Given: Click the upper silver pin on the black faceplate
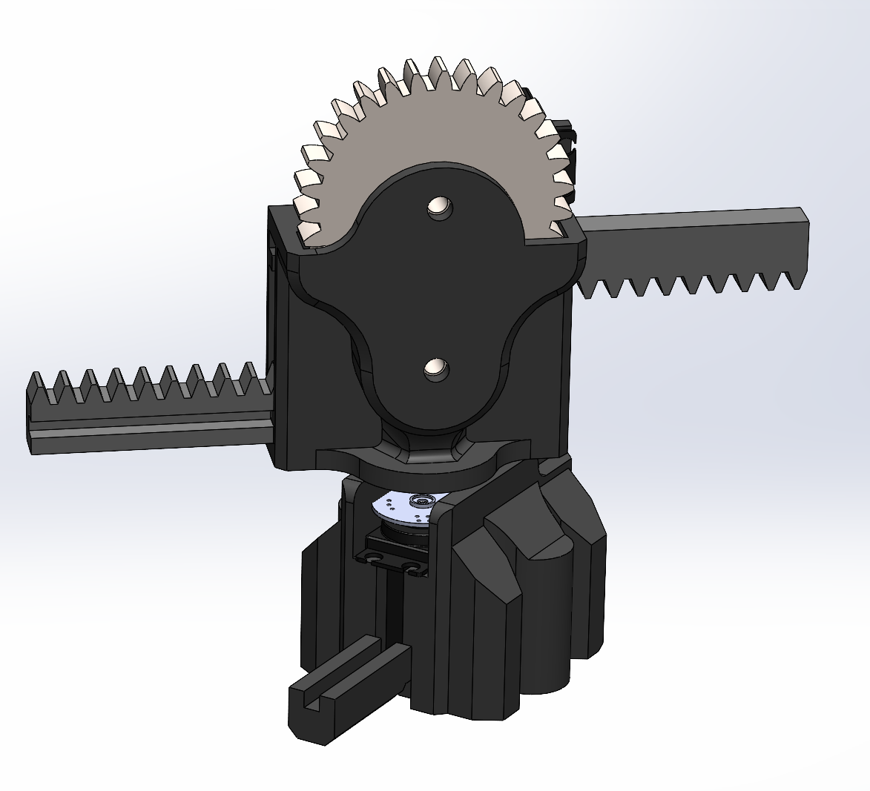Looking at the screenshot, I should coord(440,207).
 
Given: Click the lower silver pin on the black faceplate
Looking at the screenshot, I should coord(435,368).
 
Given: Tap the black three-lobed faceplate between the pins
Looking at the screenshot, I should coord(438,289).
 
